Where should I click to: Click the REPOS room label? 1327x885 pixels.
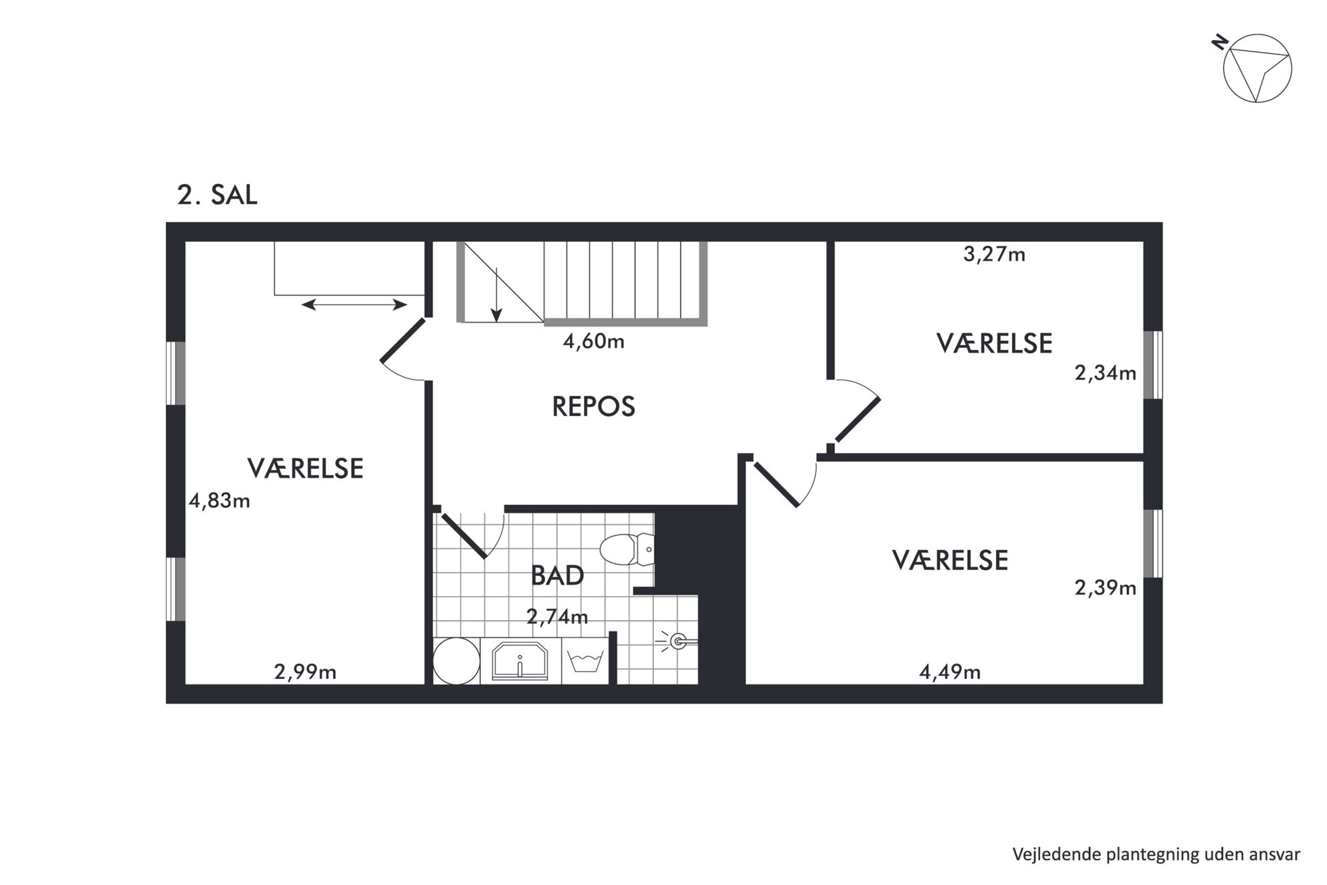pos(593,407)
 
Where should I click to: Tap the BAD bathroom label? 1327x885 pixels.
pos(557,575)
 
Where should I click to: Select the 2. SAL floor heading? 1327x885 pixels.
pos(217,195)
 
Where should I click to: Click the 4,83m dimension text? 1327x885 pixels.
pos(219,500)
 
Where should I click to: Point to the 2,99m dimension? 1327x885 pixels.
pos(305,672)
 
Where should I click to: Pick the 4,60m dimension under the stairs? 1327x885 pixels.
pos(594,342)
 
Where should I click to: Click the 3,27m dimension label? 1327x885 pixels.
pos(994,255)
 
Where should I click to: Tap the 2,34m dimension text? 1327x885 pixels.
pos(1106,373)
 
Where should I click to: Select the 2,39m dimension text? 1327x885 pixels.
pos(1106,588)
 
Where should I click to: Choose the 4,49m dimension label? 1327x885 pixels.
pos(950,672)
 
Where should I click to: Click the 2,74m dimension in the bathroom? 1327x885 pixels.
pos(557,617)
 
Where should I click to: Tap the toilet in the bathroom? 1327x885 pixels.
pos(626,550)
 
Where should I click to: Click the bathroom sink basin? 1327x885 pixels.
pos(520,661)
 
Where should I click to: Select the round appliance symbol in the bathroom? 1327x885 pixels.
pos(456,661)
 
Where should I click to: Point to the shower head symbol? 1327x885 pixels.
pos(678,642)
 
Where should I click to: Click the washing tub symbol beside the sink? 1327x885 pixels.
pos(585,662)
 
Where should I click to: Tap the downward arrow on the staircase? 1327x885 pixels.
pos(496,294)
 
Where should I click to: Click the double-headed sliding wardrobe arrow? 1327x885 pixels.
pos(354,305)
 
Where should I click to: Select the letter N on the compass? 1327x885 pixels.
pos(1220,43)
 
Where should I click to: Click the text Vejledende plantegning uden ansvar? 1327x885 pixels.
pos(1156,855)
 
